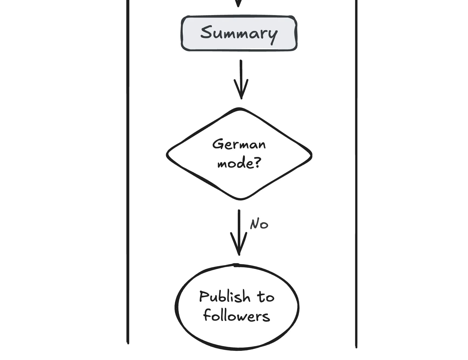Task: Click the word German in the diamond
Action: (x=239, y=145)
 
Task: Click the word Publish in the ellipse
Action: (x=225, y=297)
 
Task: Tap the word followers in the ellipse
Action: (x=236, y=316)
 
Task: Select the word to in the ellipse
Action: (x=266, y=297)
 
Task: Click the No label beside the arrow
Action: (x=259, y=224)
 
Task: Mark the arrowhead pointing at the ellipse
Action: (x=239, y=248)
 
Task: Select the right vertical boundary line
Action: (x=356, y=172)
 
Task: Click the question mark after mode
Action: (x=258, y=163)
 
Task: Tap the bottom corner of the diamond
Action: (x=240, y=199)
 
